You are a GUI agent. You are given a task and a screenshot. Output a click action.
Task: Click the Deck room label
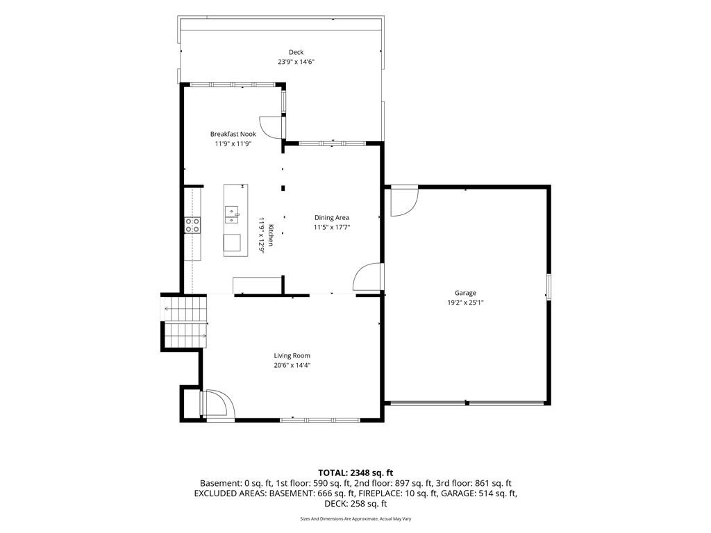point(296,52)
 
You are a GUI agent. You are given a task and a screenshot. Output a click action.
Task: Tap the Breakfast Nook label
point(233,134)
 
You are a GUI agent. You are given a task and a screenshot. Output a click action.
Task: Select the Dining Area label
point(332,217)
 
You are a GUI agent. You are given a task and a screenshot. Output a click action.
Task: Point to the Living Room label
point(292,356)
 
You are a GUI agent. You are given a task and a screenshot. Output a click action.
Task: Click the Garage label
point(466,294)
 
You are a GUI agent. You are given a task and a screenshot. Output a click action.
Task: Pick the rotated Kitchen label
point(271,235)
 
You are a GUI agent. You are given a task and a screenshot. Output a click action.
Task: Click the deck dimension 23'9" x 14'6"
point(296,62)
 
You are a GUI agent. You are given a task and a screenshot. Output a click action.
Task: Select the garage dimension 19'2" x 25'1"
point(466,303)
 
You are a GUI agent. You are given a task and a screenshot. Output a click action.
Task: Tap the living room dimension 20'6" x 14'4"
point(292,365)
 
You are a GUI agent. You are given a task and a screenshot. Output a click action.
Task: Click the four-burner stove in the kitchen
point(193,226)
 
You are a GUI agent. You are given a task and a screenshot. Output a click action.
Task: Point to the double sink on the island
point(232,214)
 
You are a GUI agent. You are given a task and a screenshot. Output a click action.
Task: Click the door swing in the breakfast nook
point(271,128)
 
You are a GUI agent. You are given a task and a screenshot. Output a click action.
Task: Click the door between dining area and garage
point(368,277)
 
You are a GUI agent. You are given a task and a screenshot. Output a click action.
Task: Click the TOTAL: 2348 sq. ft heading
point(355,473)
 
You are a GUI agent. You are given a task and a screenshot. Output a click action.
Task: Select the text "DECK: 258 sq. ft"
point(355,504)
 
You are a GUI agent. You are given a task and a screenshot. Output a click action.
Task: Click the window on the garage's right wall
point(549,287)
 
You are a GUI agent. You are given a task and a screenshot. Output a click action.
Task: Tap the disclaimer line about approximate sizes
point(355,519)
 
